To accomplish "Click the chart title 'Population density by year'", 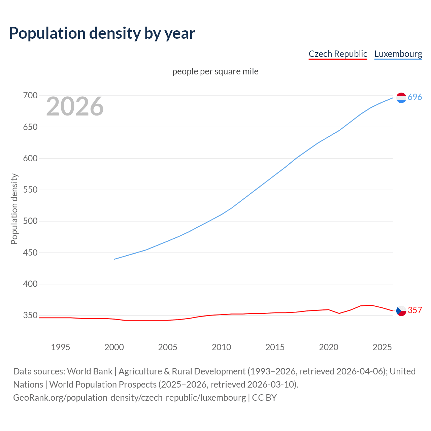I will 102,33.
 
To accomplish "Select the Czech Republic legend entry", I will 338,54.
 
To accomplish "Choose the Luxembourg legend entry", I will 398,54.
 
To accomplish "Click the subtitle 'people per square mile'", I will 215,71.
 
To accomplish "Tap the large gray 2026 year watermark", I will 75,106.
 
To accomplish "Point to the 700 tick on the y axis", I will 30,96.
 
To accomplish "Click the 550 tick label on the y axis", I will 30,190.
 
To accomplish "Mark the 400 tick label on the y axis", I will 30,284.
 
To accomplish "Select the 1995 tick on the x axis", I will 61,347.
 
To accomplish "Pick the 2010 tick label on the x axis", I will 222,347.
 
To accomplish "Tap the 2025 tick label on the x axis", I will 382,347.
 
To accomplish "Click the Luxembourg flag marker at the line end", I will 401,98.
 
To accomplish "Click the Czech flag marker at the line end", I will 401,311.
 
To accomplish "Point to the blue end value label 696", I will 415,97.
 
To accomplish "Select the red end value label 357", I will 415,310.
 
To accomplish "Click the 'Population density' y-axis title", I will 14,209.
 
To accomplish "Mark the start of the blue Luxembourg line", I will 114,259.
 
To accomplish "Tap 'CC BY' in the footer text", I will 264,398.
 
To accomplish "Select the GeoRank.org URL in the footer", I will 130,398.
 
